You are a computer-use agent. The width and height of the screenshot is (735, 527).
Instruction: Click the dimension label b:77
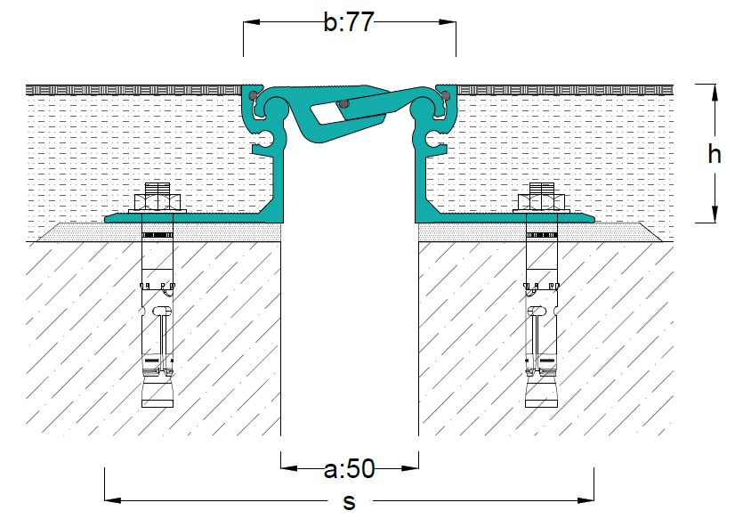tap(349, 22)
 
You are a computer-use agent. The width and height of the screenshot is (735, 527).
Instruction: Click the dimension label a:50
tap(349, 468)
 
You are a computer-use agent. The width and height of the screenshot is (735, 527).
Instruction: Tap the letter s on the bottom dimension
tap(349, 502)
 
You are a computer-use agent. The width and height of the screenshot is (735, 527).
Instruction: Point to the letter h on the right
tap(714, 154)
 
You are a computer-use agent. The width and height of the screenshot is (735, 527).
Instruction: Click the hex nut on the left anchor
tap(157, 202)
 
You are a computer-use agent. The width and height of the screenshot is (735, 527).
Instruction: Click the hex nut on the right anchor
tap(542, 202)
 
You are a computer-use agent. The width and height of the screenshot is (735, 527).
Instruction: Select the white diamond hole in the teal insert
tap(328, 114)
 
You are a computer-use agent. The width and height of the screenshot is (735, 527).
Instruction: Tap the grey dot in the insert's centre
tap(344, 103)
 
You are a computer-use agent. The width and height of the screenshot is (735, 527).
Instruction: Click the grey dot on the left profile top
tap(253, 95)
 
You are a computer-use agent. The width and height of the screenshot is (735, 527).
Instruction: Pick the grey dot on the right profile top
tap(446, 96)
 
